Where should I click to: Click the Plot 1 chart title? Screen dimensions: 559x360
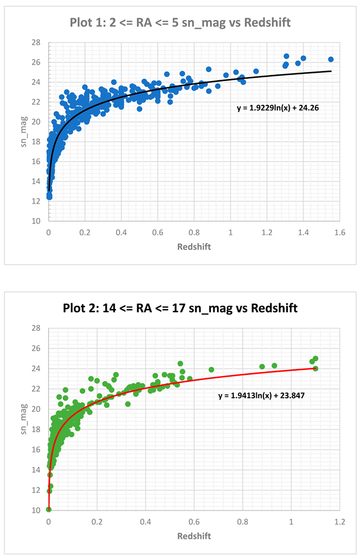(x=180, y=22)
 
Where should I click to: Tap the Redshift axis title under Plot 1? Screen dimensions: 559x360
(x=194, y=246)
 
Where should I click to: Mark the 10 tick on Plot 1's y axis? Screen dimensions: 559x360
(x=36, y=221)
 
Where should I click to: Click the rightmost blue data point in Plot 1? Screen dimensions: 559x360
(x=331, y=59)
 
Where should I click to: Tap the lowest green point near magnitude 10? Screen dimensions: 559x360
(x=49, y=509)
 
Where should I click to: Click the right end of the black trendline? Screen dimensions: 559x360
(x=331, y=72)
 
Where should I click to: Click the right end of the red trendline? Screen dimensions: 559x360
(x=315, y=368)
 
